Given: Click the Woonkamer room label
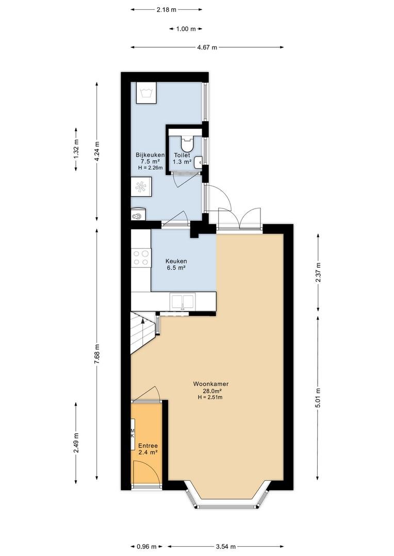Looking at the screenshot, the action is (211, 384).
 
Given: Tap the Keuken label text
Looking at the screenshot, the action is (176, 262).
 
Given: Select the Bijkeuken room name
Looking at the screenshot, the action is (150, 155).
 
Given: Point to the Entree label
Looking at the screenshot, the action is (148, 446).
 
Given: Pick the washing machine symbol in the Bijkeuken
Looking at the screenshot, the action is (145, 93).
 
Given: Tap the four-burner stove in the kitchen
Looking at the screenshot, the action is (141, 258).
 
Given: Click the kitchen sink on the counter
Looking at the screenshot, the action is (183, 302).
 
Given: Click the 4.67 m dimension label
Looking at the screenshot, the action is (207, 47).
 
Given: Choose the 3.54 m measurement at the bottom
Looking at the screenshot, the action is (225, 546).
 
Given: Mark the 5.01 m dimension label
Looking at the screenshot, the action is (318, 397).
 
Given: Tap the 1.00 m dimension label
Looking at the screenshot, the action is (186, 29).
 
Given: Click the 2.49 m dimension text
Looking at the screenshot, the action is (76, 443).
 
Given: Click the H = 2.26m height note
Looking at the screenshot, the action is (150, 168).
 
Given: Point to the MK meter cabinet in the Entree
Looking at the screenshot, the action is (133, 433).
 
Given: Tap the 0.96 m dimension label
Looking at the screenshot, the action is (146, 546).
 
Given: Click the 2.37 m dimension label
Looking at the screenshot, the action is (318, 272).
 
